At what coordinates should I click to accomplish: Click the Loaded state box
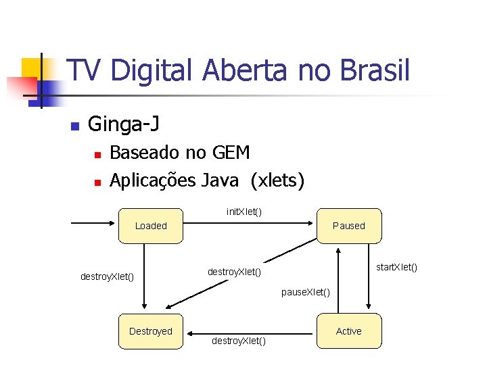click(x=151, y=226)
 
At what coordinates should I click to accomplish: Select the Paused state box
click(x=348, y=226)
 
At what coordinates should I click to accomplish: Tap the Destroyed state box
click(x=151, y=331)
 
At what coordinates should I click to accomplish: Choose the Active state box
click(x=348, y=331)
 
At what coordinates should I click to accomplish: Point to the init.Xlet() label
click(x=244, y=212)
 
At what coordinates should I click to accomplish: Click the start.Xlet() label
click(x=396, y=267)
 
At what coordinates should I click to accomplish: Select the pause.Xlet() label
click(x=306, y=292)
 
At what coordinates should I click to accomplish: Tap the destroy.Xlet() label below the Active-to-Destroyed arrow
click(x=239, y=341)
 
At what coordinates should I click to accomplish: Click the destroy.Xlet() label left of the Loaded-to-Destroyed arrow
click(x=107, y=276)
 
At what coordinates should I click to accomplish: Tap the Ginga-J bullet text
click(x=124, y=124)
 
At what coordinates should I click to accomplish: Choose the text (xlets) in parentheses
click(x=277, y=180)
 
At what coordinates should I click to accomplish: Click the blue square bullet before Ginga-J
click(x=75, y=126)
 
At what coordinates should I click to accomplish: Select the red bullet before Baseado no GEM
click(x=97, y=155)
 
